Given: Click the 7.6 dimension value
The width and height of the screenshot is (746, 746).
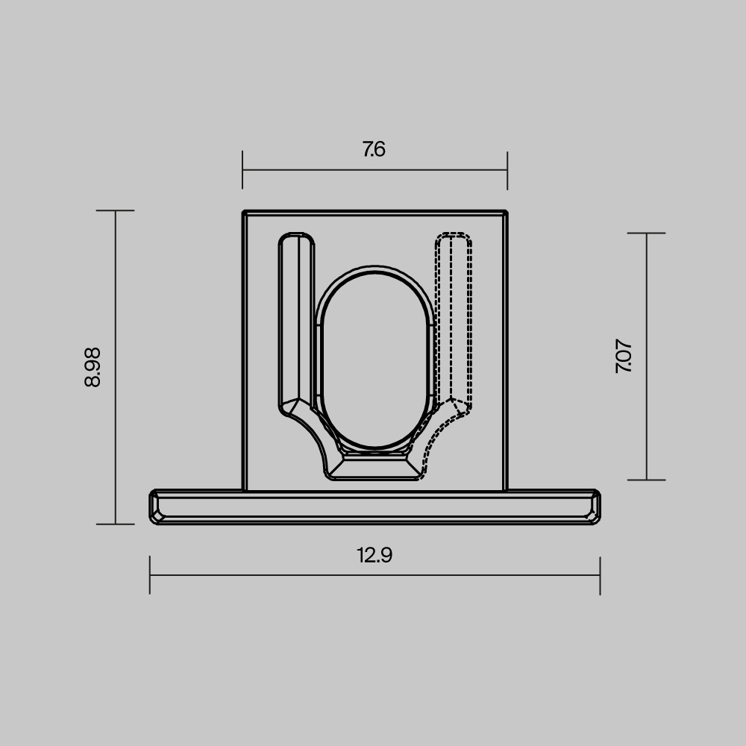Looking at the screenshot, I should click(x=374, y=149).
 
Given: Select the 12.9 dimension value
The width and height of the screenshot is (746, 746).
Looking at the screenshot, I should click(x=374, y=556).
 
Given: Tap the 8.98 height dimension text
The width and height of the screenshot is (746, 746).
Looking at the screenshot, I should click(x=93, y=367).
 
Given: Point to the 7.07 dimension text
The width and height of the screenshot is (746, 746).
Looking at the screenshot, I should click(x=624, y=357).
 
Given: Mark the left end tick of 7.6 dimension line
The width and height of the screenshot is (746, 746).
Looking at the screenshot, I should click(x=242, y=170).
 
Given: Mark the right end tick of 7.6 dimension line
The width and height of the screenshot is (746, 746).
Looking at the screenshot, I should click(x=507, y=170).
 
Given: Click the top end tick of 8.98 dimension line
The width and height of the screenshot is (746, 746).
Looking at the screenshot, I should click(x=115, y=211).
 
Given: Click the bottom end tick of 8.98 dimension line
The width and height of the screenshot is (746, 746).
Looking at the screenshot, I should click(x=115, y=524).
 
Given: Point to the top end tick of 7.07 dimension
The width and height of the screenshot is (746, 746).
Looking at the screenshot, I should click(x=646, y=233).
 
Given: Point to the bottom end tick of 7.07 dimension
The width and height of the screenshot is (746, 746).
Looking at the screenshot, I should click(x=646, y=480).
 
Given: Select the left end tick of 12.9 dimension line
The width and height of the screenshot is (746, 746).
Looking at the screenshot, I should click(x=150, y=575).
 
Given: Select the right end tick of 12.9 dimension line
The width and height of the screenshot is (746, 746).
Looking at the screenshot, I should click(x=600, y=575).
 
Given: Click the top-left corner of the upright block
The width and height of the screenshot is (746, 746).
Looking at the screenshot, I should click(x=244, y=213).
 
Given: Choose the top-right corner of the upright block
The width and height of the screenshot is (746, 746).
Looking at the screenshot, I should click(x=506, y=213).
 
